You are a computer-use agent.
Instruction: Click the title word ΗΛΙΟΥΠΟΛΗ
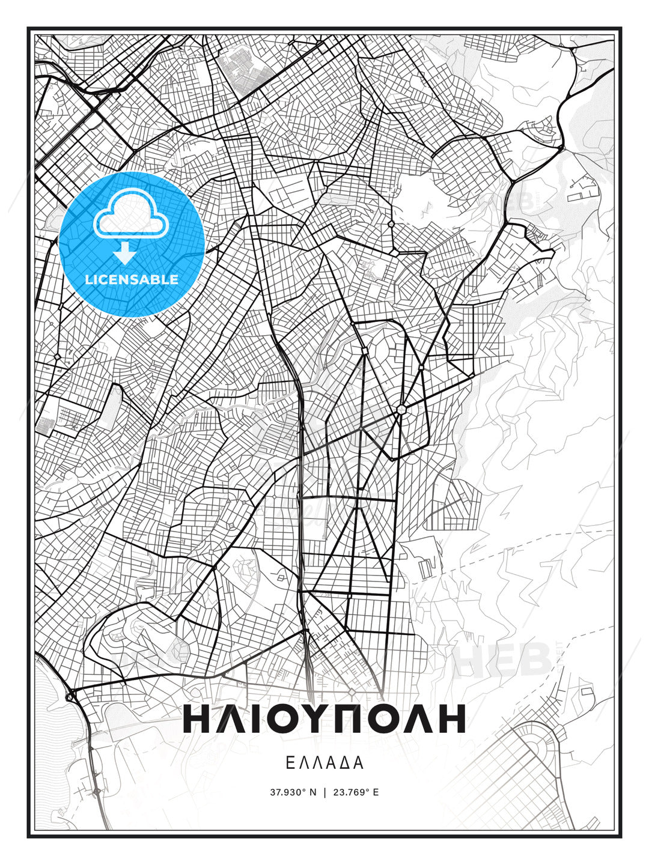pyautogui.click(x=324, y=718)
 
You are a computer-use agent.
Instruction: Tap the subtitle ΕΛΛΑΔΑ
pyautogui.click(x=324, y=763)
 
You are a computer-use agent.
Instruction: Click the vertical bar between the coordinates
pyautogui.click(x=324, y=792)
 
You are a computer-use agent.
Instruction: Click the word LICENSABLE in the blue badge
pyautogui.click(x=132, y=279)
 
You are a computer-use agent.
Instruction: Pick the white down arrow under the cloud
pyautogui.click(x=124, y=254)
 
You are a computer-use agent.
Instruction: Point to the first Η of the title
pyautogui.click(x=197, y=718)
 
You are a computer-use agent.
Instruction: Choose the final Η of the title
pyautogui.click(x=451, y=718)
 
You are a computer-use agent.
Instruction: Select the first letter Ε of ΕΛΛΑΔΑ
pyautogui.click(x=290, y=763)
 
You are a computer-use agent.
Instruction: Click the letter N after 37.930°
pyautogui.click(x=312, y=792)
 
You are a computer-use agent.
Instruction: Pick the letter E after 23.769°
pyautogui.click(x=376, y=792)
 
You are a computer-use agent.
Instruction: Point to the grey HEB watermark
pyautogui.click(x=504, y=659)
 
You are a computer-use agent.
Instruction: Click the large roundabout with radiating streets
pyautogui.click(x=401, y=410)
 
